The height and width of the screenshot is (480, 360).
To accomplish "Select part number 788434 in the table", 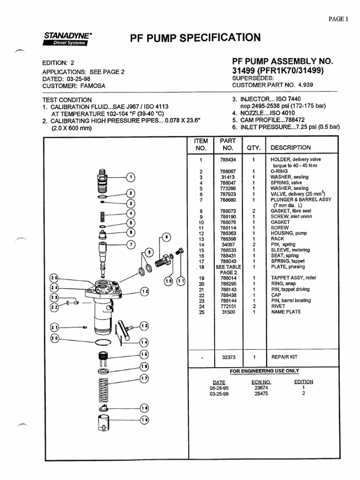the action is pyautogui.click(x=228, y=160).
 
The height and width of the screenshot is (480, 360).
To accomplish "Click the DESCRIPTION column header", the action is pyautogui.click(x=291, y=148).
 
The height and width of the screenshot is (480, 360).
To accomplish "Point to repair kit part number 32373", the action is pyautogui.click(x=228, y=357).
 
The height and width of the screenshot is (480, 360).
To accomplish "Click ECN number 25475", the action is pyautogui.click(x=261, y=394).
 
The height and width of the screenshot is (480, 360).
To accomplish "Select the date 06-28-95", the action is pyautogui.click(x=219, y=388).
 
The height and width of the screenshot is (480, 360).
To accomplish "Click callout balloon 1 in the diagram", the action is pyautogui.click(x=132, y=177).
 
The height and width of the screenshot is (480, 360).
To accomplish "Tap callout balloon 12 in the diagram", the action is pyautogui.click(x=144, y=292).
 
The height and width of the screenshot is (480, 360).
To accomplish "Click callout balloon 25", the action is pyautogui.click(x=55, y=277).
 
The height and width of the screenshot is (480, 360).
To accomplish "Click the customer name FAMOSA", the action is pyautogui.click(x=93, y=86).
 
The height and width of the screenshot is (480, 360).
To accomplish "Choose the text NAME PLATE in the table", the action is pyautogui.click(x=286, y=312).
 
